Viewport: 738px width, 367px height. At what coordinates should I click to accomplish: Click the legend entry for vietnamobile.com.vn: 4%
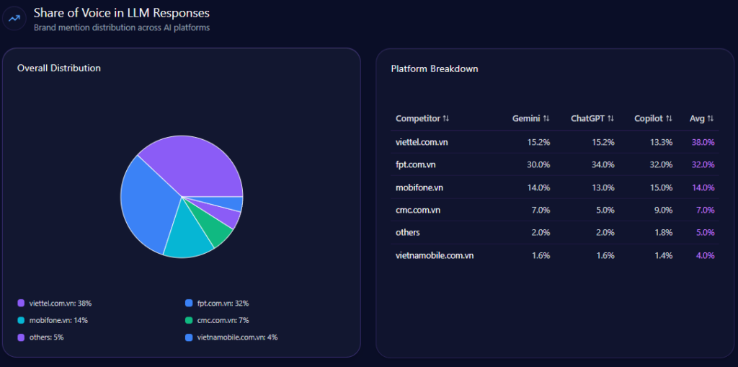pyautogui.click(x=231, y=337)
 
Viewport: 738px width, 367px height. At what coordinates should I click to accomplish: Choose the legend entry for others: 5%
pyautogui.click(x=46, y=337)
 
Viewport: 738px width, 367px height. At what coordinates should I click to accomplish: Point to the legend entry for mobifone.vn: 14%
pyautogui.click(x=58, y=320)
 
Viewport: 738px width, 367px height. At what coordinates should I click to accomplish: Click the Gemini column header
pyautogui.click(x=526, y=118)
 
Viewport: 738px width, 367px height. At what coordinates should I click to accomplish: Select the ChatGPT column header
pyautogui.click(x=587, y=118)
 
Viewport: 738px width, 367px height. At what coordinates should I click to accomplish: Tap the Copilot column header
pyautogui.click(x=649, y=118)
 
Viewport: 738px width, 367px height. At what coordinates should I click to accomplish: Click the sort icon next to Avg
pyautogui.click(x=711, y=118)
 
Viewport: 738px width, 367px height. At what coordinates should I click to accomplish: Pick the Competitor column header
pyautogui.click(x=418, y=118)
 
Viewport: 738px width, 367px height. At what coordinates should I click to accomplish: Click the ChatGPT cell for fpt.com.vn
pyautogui.click(x=603, y=164)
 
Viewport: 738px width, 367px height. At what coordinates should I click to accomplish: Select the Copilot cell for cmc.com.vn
pyautogui.click(x=661, y=210)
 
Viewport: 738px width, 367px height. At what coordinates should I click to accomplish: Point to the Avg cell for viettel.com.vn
pyautogui.click(x=703, y=142)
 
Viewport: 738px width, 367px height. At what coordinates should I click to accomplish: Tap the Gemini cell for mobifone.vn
pyautogui.click(x=538, y=187)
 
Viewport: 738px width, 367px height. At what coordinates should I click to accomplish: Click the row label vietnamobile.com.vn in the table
pyautogui.click(x=435, y=255)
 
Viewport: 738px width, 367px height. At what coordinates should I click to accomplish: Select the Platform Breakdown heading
pyautogui.click(x=435, y=69)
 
